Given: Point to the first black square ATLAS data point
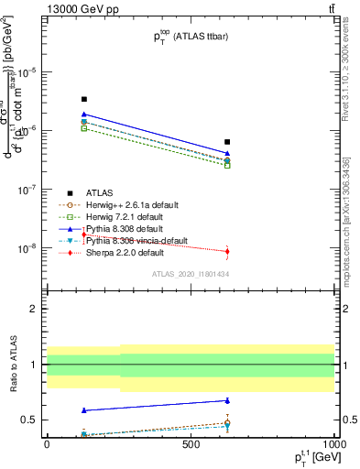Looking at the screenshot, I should coord(84,99).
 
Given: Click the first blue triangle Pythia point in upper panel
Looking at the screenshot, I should coord(84,115).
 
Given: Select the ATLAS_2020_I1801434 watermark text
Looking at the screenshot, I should coord(190,275).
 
